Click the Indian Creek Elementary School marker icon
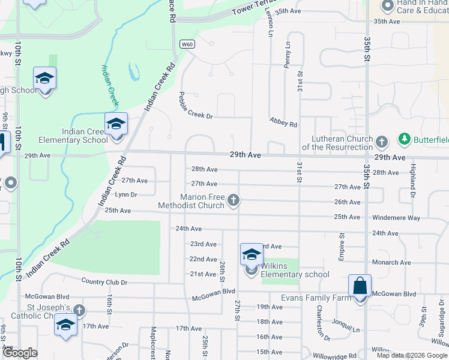pos(116,124)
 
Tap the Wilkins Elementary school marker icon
pos(252,255)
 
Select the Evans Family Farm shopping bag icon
pos(360,286)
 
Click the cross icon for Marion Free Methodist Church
pos(234,201)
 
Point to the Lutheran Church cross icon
pos(381,142)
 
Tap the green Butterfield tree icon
pos(404,139)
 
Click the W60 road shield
pos(187,44)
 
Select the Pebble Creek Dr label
pos(196,105)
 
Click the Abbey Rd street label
pos(283,122)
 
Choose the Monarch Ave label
pos(391,262)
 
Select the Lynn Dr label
pos(126,194)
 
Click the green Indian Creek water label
pos(111,85)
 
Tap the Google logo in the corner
pos(20,353)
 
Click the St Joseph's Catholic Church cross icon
pos(79,310)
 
